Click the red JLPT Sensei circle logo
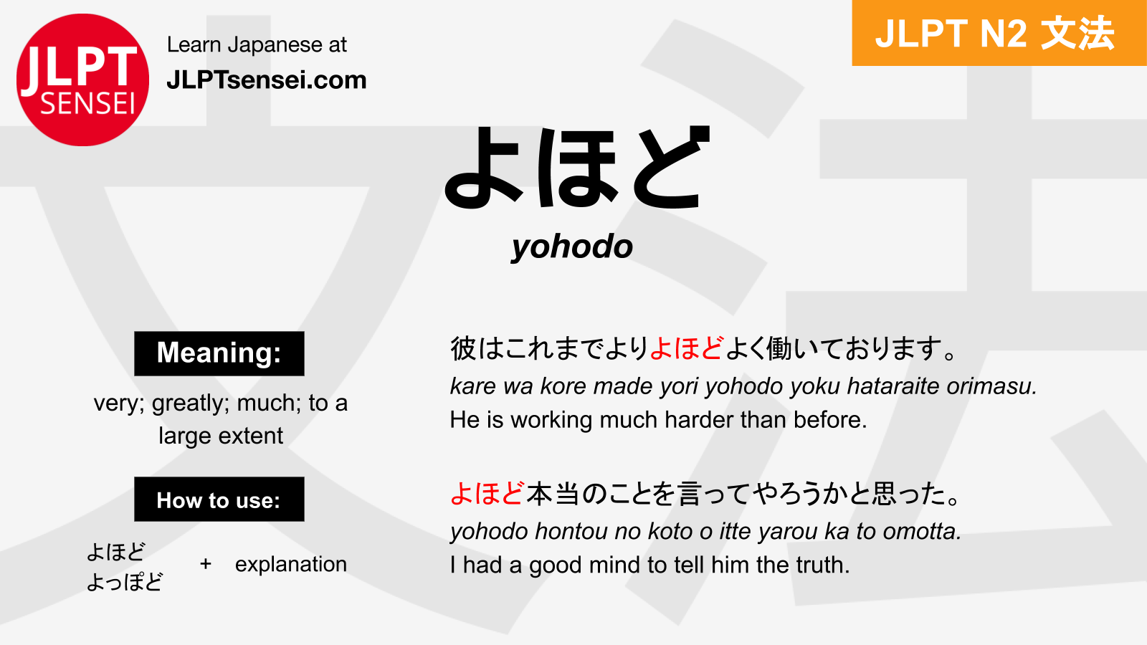pyautogui.click(x=82, y=80)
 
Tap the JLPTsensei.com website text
pyautogui.click(x=267, y=80)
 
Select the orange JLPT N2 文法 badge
pyautogui.click(x=999, y=33)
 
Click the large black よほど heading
pyautogui.click(x=577, y=167)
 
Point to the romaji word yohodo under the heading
pyautogui.click(x=572, y=248)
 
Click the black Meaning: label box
pyautogui.click(x=219, y=353)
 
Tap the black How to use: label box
pyautogui.click(x=219, y=499)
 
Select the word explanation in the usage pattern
pyautogui.click(x=291, y=565)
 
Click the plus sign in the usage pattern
pyautogui.click(x=205, y=564)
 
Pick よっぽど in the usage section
pyautogui.click(x=125, y=582)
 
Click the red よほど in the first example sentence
pyautogui.click(x=687, y=348)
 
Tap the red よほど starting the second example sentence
pyautogui.click(x=487, y=494)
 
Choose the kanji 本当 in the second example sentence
pyautogui.click(x=553, y=494)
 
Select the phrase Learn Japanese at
pyautogui.click(x=257, y=45)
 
